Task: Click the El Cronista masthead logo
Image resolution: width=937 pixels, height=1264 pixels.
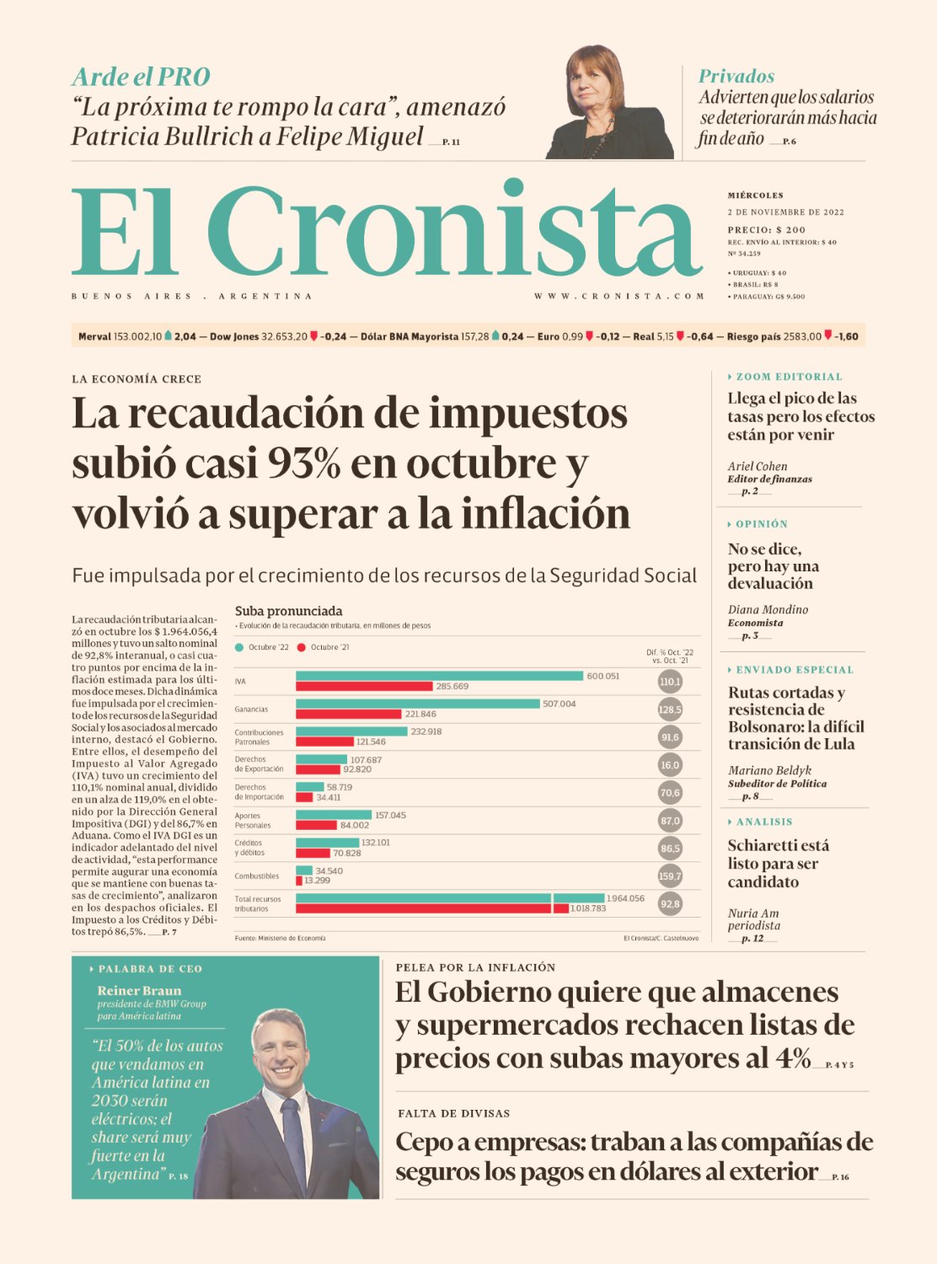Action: tap(386, 231)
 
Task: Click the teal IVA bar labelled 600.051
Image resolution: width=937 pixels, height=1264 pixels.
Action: tap(439, 676)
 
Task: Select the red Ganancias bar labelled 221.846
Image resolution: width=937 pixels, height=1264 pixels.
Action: tap(348, 714)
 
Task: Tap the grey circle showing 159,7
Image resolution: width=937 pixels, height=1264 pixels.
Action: tap(670, 876)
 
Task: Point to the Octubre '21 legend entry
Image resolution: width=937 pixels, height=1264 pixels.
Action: tap(324, 647)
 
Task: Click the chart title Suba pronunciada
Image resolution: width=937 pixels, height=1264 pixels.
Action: tap(288, 611)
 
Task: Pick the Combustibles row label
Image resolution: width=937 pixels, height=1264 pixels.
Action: tap(257, 876)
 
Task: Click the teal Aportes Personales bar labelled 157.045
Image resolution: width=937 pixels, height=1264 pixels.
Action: tap(334, 815)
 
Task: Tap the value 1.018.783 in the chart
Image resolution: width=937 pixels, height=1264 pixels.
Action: tap(588, 908)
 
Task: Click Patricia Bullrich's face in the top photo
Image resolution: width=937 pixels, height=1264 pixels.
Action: tap(594, 83)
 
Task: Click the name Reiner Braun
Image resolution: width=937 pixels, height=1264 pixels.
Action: tap(139, 991)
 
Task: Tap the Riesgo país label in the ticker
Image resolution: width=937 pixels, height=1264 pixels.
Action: tap(753, 336)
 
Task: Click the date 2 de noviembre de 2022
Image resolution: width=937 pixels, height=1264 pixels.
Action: tap(785, 212)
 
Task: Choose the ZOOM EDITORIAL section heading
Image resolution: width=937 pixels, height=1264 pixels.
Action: tap(789, 377)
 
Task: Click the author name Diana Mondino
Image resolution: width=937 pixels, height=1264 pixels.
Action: tap(768, 609)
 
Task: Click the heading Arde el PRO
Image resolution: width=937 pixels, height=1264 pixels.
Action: tap(141, 77)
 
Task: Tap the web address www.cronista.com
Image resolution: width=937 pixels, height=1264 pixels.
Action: tap(619, 297)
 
